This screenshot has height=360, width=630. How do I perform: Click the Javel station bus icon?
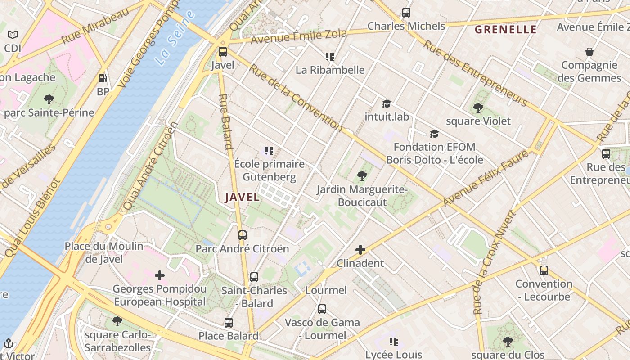223,52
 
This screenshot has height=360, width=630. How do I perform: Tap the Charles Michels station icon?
406,13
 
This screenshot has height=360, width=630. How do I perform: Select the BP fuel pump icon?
103,78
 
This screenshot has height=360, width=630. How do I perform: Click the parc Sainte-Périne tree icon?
49,99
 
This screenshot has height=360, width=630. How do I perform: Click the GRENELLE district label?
506,30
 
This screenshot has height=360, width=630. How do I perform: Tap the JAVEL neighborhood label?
242,197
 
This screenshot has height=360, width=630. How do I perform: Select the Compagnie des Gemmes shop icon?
589,52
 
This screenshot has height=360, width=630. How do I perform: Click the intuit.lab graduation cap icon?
387,104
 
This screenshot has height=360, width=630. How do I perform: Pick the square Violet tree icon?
478,108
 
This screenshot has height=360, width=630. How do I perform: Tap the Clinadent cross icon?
360,250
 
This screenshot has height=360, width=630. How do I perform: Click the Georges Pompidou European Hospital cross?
160,275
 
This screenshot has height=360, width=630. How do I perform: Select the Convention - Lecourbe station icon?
544,270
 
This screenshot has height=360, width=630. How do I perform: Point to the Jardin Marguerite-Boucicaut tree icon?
362,176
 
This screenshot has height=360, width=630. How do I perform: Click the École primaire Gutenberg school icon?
269,151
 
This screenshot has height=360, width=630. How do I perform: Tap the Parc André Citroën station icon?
243,235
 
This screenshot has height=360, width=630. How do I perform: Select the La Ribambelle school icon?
330,57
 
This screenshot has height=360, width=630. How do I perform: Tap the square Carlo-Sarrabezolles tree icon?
117,321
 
